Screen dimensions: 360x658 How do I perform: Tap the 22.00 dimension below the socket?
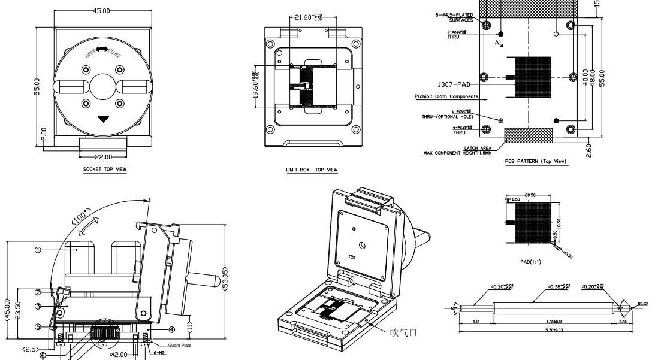click(x=104, y=157)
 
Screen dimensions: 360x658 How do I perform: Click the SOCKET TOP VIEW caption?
click(x=104, y=170)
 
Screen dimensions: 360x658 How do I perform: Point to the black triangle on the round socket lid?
click(x=104, y=119)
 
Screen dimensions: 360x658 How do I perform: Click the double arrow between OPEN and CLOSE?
click(x=103, y=50)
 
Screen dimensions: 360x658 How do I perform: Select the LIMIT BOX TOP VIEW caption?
click(x=312, y=170)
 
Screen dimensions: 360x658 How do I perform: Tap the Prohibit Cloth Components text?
click(x=446, y=96)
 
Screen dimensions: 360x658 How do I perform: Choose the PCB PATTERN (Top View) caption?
click(x=536, y=161)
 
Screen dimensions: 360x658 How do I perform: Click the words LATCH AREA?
click(x=478, y=148)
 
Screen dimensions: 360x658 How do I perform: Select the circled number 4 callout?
click(x=171, y=329)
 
